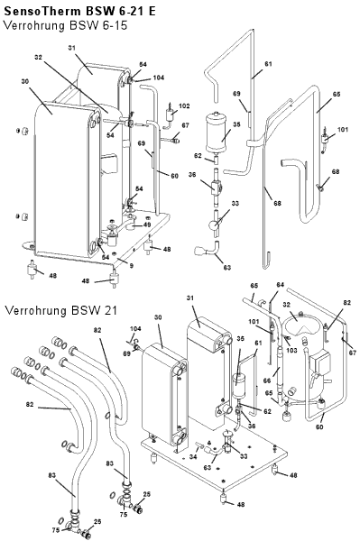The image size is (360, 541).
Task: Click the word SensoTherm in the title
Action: tap(42, 11)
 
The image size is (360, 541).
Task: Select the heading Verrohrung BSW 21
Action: tap(61, 310)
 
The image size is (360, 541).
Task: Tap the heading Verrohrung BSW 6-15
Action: tap(66, 26)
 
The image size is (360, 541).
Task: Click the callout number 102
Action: tap(184, 105)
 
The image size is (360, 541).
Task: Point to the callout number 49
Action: tap(147, 225)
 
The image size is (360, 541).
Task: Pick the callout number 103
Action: tap(291, 350)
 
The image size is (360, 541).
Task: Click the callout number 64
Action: tap(280, 285)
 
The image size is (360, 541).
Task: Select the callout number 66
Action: tap(267, 381)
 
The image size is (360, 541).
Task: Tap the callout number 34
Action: tap(193, 457)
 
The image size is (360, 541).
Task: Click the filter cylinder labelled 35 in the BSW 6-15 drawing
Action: tap(216, 133)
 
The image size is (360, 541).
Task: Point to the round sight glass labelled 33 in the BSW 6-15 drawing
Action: tap(213, 225)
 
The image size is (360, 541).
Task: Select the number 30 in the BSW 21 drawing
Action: tap(158, 317)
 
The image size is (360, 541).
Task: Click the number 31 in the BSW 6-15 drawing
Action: tap(71, 48)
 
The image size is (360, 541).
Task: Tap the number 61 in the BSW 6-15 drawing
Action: tap(268, 64)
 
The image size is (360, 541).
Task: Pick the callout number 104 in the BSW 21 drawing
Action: tap(135, 329)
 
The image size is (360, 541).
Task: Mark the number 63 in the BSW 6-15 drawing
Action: tap(226, 268)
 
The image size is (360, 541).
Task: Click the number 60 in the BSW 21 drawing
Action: tap(319, 426)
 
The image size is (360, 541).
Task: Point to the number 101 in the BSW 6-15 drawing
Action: tap(342, 129)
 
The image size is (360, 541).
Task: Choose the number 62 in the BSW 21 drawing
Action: tap(267, 411)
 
